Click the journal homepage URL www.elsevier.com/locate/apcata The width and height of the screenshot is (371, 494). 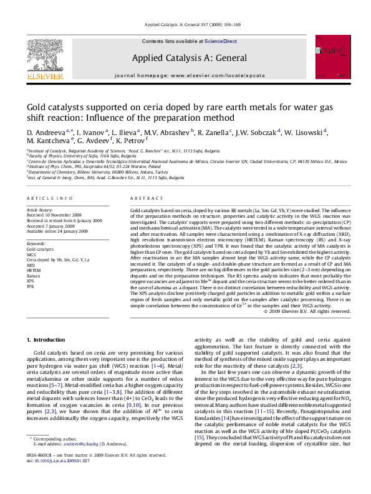215,75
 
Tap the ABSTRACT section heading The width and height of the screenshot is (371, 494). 147,198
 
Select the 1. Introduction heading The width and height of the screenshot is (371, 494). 47,339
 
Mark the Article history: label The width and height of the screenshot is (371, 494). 40,211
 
